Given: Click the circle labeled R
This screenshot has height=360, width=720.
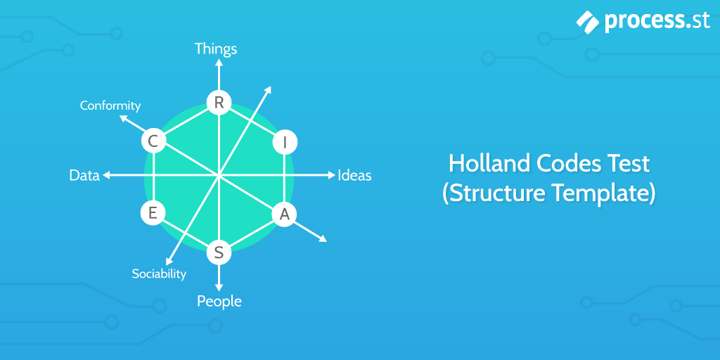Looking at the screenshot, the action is (219, 103).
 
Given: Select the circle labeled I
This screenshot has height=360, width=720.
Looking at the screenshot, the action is (285, 142).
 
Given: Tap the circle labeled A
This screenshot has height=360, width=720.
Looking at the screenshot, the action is (285, 214).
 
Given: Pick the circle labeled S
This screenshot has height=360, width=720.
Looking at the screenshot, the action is (219, 252).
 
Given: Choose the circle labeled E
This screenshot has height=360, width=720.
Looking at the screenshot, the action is (153, 213).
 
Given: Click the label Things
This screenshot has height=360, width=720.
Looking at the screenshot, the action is (216, 49).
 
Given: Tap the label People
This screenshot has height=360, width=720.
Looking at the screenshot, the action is (219, 301).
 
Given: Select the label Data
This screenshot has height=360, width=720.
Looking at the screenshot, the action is (84, 175).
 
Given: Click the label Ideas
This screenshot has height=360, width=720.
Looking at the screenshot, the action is (354, 175).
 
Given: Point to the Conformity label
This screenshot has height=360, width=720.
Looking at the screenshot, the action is (110, 105).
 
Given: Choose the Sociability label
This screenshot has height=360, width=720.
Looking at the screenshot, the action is (159, 274).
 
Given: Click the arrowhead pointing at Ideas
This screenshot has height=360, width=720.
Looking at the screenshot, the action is (332, 175).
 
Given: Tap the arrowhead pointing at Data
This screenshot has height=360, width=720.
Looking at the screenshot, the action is (106, 175).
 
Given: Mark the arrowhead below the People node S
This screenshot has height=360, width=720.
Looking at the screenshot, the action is (219, 288).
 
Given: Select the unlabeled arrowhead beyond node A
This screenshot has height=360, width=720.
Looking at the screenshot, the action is (323, 238).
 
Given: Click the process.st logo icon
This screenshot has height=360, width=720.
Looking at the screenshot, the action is (587, 21).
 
